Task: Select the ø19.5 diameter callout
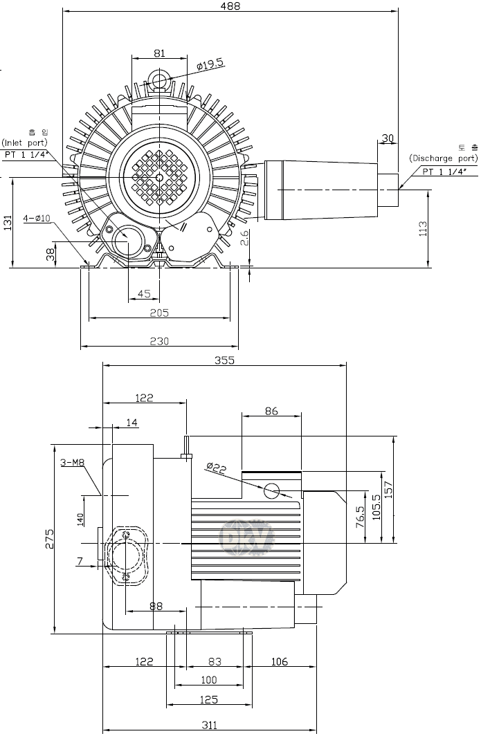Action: click(210, 64)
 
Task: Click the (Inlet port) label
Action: click(24, 142)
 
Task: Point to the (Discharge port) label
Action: click(443, 158)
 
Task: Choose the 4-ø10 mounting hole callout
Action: click(37, 219)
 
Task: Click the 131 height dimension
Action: click(8, 223)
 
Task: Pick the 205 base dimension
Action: click(159, 313)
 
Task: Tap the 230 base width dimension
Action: click(159, 340)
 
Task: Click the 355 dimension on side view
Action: click(224, 360)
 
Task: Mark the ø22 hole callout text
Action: click(217, 468)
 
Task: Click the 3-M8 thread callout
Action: click(72, 463)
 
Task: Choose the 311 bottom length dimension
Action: click(210, 725)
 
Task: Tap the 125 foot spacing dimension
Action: click(208, 699)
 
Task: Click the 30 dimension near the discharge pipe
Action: click(388, 138)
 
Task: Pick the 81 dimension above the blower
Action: click(159, 53)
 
